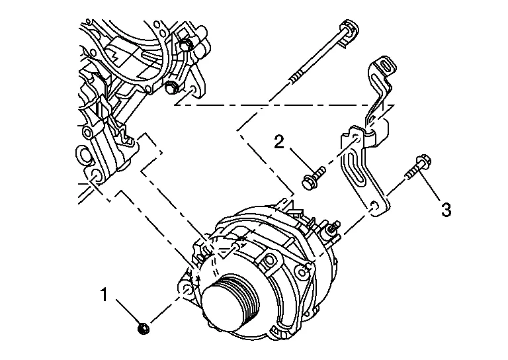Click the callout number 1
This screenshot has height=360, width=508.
coord(104,294)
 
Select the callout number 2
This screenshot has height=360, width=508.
coord(279,142)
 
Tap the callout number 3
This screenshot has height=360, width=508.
coord(446,210)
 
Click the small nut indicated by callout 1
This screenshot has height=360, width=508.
coord(143,328)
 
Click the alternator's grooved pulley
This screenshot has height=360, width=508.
coord(230,303)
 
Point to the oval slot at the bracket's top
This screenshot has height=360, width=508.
coord(388,66)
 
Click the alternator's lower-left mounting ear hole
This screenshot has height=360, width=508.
coord(187,289)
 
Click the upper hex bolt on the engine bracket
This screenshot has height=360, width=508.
coord(185,45)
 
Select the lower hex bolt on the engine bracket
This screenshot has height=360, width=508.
coord(170,87)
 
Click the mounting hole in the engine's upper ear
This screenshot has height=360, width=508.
coord(192,90)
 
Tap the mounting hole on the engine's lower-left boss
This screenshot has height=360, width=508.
coord(95,175)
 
